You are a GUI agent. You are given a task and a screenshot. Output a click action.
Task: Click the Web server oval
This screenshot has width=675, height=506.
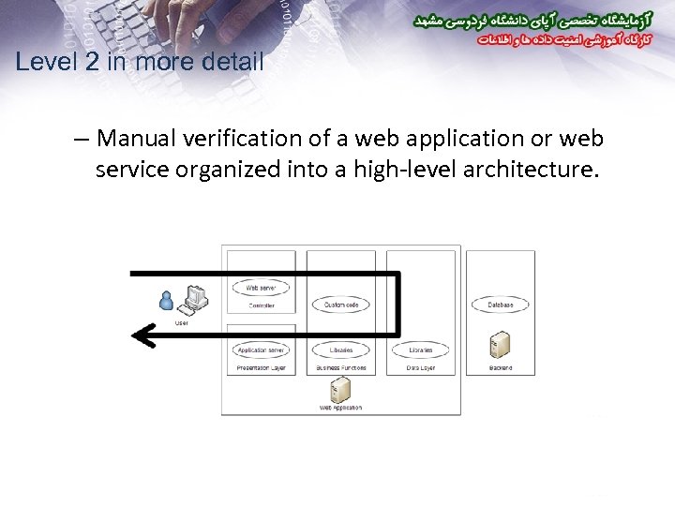261,289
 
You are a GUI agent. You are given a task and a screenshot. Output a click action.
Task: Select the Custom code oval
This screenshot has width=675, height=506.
341,305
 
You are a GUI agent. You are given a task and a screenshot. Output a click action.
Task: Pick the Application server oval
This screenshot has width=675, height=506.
261,350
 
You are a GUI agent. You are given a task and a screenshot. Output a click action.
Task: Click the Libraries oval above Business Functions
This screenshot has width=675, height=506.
341,350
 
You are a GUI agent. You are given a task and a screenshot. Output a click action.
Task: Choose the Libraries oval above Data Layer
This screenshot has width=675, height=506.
420,350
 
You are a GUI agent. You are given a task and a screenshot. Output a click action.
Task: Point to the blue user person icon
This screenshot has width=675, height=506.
167,300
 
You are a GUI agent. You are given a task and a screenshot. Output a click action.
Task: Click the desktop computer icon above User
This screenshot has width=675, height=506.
194,297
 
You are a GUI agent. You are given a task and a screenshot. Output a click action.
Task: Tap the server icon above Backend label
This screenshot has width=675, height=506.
500,344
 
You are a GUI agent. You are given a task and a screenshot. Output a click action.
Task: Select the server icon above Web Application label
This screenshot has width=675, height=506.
340,389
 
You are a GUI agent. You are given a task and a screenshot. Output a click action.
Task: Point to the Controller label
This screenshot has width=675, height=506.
262,306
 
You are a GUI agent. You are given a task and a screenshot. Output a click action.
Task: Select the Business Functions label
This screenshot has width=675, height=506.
341,368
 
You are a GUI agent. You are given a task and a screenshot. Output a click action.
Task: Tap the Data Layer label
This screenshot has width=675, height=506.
421,368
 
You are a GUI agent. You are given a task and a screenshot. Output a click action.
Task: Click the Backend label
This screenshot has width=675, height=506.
501,368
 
